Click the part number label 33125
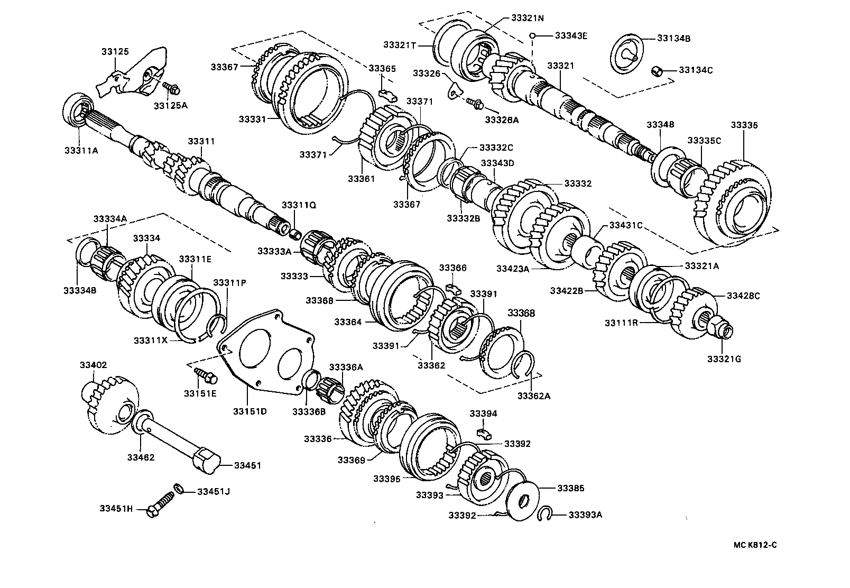(115, 52)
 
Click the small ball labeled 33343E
(533, 36)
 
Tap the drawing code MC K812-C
(754, 545)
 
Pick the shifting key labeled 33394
(484, 433)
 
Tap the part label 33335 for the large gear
(744, 125)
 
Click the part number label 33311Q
(299, 205)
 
